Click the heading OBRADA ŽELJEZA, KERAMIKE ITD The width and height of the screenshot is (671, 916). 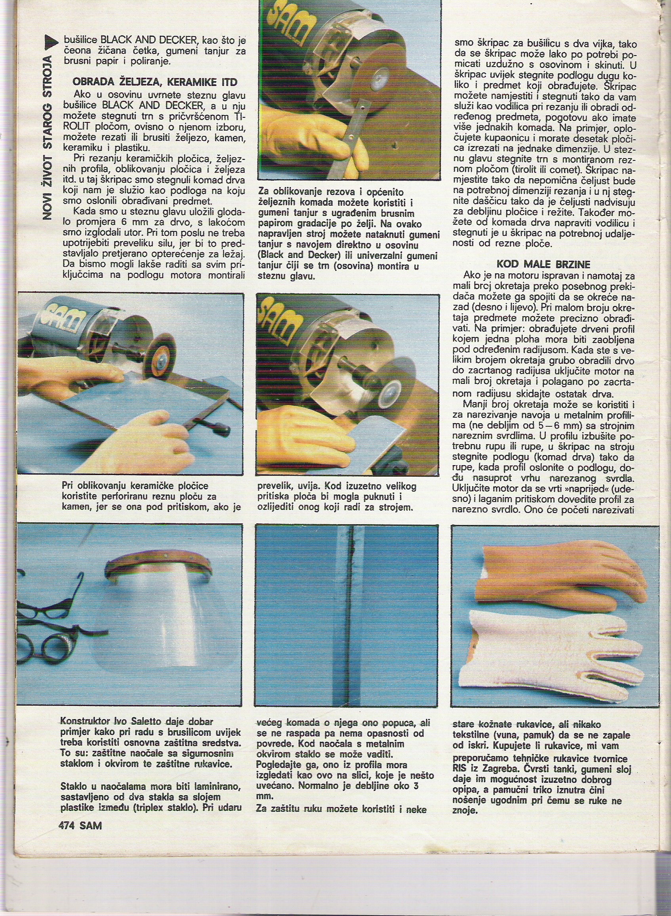pyautogui.click(x=155, y=82)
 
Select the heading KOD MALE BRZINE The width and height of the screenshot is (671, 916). pyautogui.click(x=543, y=264)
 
